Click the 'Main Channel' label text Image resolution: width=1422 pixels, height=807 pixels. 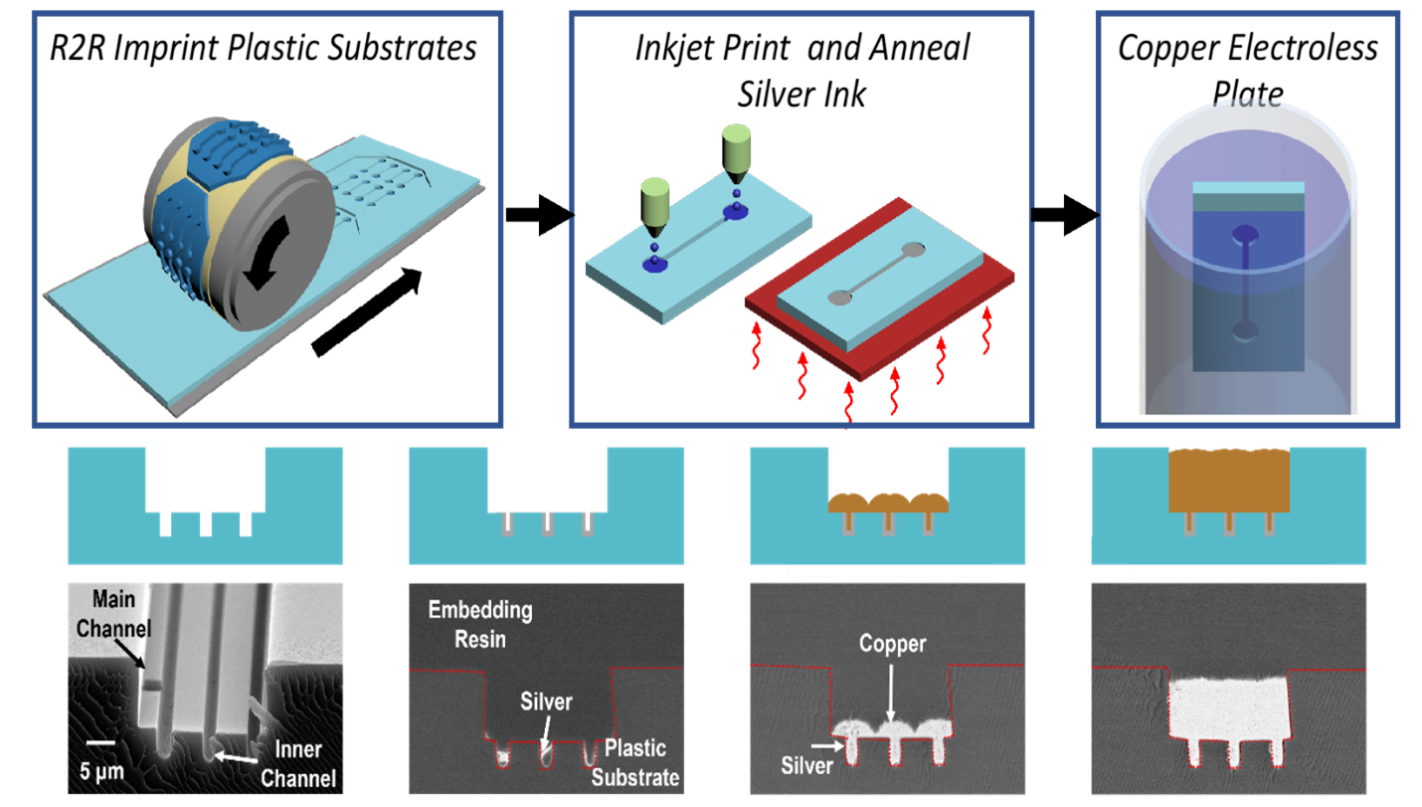pyautogui.click(x=113, y=614)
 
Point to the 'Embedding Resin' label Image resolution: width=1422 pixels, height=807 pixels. pyautogui.click(x=479, y=624)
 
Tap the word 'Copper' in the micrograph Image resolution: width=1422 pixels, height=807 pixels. pyautogui.click(x=892, y=644)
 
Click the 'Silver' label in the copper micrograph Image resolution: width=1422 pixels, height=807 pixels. pyautogui.click(x=806, y=765)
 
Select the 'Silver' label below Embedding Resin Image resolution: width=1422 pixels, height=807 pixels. pyautogui.click(x=546, y=702)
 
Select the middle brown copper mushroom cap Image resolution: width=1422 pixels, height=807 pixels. pyautogui.click(x=888, y=502)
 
